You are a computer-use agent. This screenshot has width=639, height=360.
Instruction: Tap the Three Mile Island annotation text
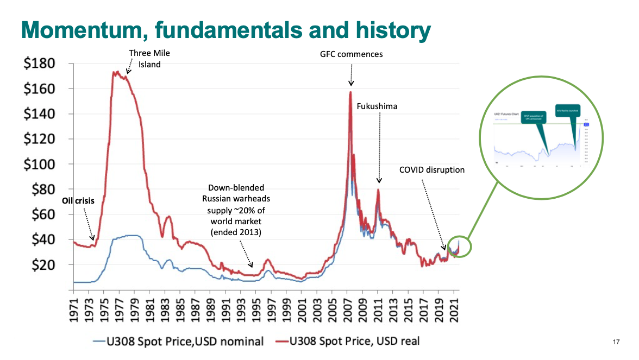(x=145, y=59)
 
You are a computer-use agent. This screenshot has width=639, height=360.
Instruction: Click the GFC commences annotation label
(x=351, y=54)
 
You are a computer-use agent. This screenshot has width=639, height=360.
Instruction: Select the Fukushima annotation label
(x=377, y=106)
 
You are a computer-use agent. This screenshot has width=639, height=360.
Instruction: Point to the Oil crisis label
(x=78, y=200)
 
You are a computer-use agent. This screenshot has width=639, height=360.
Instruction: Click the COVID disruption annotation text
(x=432, y=169)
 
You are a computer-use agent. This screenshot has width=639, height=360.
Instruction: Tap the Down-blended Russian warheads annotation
(x=236, y=210)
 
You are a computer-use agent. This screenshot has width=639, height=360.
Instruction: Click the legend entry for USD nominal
(x=178, y=341)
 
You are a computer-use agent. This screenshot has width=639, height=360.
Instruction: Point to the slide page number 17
(x=616, y=342)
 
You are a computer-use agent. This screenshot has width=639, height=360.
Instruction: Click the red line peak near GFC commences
(x=350, y=92)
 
